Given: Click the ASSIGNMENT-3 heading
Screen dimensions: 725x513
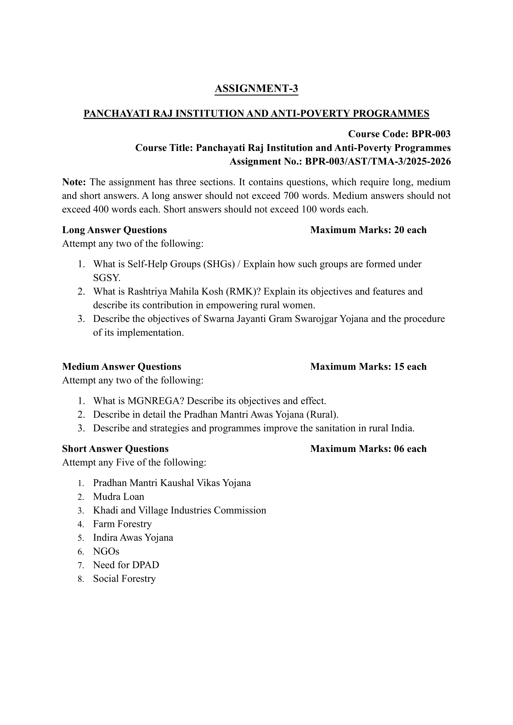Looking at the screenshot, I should [256, 89].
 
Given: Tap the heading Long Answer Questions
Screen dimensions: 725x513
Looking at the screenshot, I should [114, 230].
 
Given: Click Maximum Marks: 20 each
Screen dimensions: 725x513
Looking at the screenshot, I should [368, 230].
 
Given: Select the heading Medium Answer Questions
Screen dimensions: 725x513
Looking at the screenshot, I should [122, 367].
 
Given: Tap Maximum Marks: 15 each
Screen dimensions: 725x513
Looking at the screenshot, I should [368, 367].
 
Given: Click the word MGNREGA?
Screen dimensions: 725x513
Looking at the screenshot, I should [156, 401].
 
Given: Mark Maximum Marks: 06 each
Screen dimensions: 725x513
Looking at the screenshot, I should [368, 449].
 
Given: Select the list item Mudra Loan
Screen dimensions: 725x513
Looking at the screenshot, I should [118, 497].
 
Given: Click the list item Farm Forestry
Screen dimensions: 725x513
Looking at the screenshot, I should [122, 524].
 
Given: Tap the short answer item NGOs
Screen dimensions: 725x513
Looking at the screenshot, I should [106, 551].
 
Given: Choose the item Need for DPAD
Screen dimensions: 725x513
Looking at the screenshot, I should [126, 565].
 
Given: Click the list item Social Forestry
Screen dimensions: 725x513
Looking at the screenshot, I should [124, 579].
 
